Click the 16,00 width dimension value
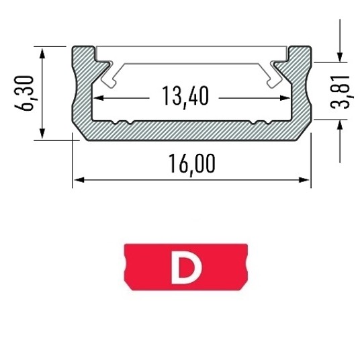pyautogui.click(x=192, y=164)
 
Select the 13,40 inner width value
pyautogui.click(x=185, y=96)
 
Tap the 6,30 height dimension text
pyautogui.click(x=24, y=93)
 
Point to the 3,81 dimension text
pyautogui.click(x=341, y=92)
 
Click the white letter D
pyautogui.click(x=187, y=267)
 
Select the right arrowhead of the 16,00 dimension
pyautogui.click(x=304, y=180)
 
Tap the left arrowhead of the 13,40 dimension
pyautogui.click(x=99, y=98)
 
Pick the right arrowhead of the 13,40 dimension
pyautogui.click(x=285, y=98)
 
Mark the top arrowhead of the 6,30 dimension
pyautogui.click(x=42, y=53)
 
